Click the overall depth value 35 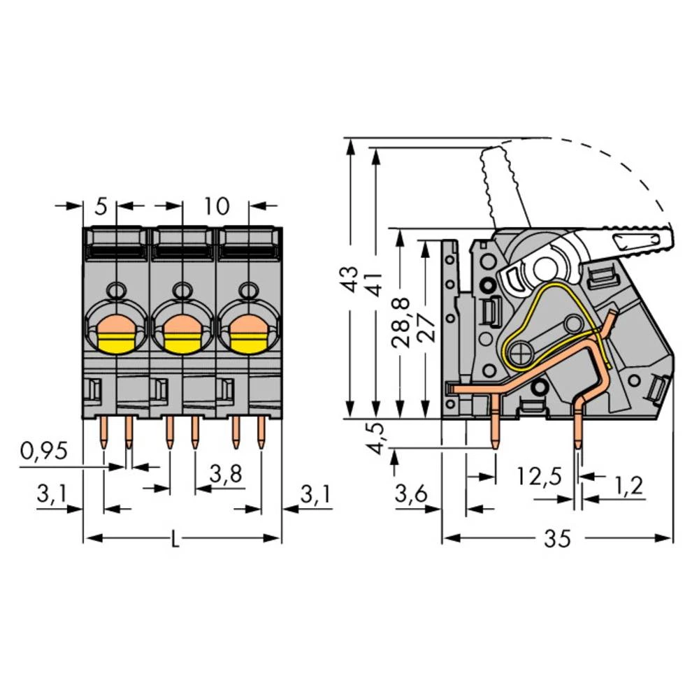click(558, 539)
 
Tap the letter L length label click(175, 539)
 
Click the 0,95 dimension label click(43, 452)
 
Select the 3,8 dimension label click(226, 476)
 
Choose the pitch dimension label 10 click(217, 206)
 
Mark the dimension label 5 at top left click(101, 206)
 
